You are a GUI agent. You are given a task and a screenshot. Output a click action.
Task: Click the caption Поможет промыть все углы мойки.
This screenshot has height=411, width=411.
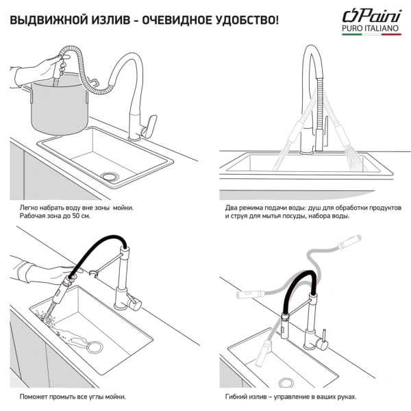(73, 397)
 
